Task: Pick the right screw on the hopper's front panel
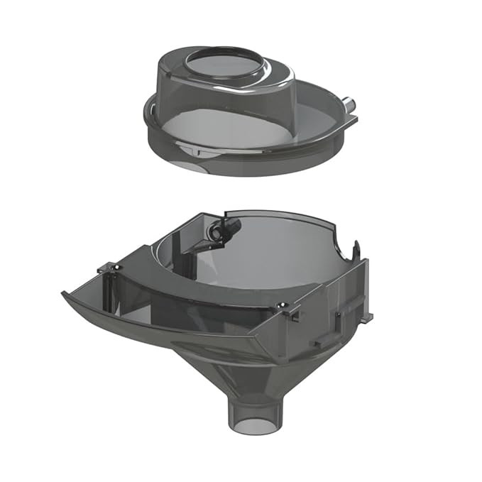click(283, 305)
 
